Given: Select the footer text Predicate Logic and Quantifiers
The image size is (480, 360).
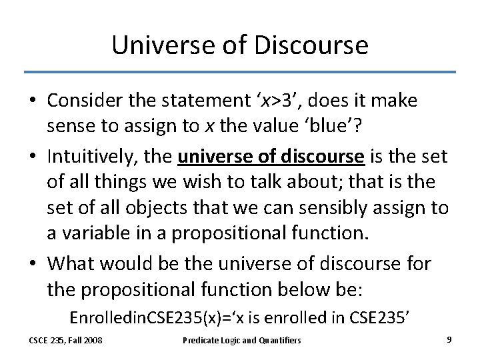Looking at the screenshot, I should [x=242, y=341].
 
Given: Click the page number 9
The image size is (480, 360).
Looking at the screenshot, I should [x=449, y=340].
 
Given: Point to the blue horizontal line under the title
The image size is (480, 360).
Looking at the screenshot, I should [x=240, y=72].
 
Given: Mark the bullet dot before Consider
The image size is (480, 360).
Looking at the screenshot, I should [x=32, y=101].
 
